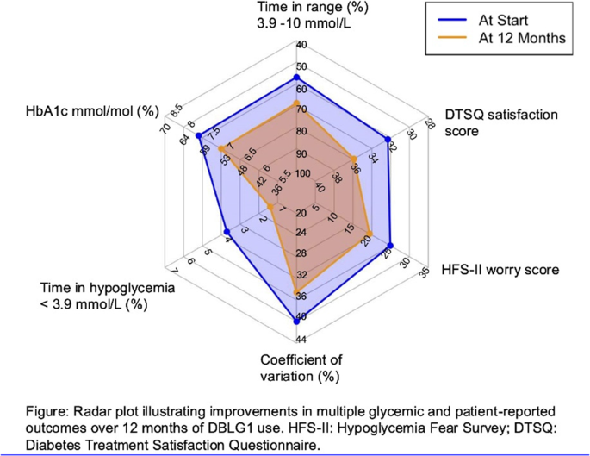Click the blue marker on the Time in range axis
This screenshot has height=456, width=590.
(299, 78)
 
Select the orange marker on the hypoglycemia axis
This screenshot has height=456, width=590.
(270, 208)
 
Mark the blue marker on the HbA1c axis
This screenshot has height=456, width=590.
(199, 136)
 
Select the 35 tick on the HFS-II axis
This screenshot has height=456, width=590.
(424, 274)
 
